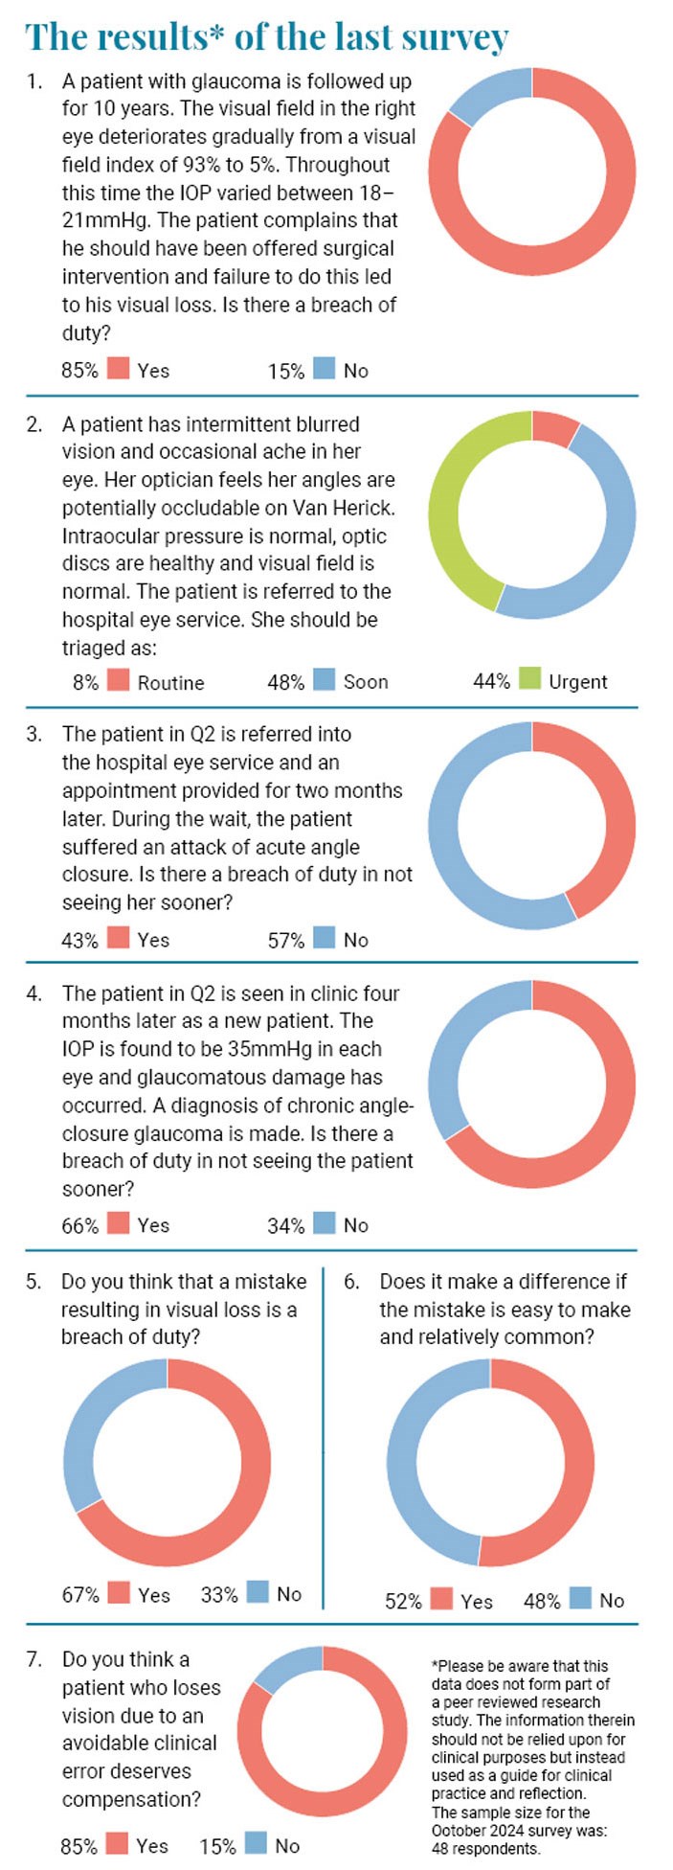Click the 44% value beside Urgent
pos(491,681)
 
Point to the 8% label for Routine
pos(84,682)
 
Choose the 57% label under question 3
pos(285,940)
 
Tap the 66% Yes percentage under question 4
pos(79,1224)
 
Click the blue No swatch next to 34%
pos(325,1223)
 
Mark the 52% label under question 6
pos(403,1601)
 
